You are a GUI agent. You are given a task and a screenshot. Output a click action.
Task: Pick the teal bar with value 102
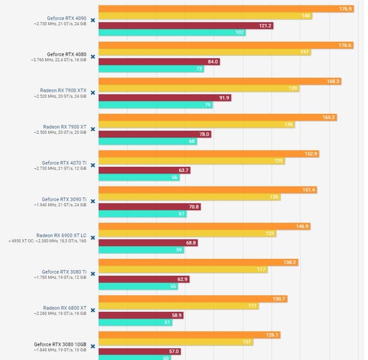tap(172, 32)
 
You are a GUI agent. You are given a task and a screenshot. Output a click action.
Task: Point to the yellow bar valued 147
tap(205, 53)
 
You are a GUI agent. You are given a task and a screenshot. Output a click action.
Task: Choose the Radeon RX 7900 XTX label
tap(63, 90)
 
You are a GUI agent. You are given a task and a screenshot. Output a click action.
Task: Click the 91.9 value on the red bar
tap(225, 98)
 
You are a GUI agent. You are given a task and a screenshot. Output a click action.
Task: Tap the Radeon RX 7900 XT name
tap(65, 127)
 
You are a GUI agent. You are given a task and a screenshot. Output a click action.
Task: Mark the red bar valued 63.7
tap(144, 170)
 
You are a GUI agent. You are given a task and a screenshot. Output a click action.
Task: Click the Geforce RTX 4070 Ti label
tap(64, 163)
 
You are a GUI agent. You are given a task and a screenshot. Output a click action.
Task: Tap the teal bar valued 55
tap(139, 286)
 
